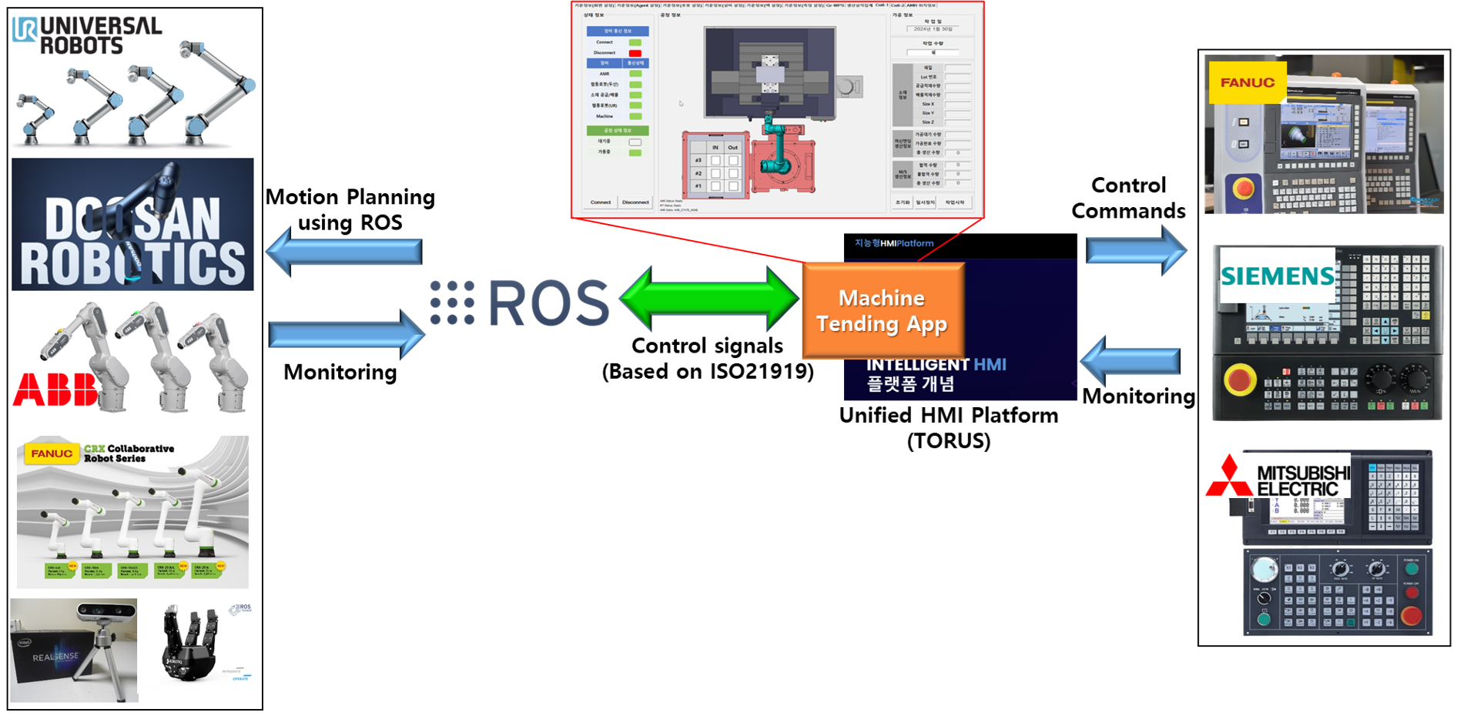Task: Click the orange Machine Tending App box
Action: tap(883, 310)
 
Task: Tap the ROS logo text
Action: tap(548, 303)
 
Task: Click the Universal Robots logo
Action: tap(87, 35)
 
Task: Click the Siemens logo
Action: tap(1277, 276)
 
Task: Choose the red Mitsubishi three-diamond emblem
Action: tap(1229, 477)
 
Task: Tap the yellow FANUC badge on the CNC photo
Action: tap(1247, 82)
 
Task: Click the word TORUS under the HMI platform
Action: tap(949, 441)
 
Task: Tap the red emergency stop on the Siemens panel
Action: tap(1240, 380)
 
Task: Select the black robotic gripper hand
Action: tap(190, 646)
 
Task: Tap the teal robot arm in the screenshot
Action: tap(778, 146)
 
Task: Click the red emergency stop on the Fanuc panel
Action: tap(1243, 189)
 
